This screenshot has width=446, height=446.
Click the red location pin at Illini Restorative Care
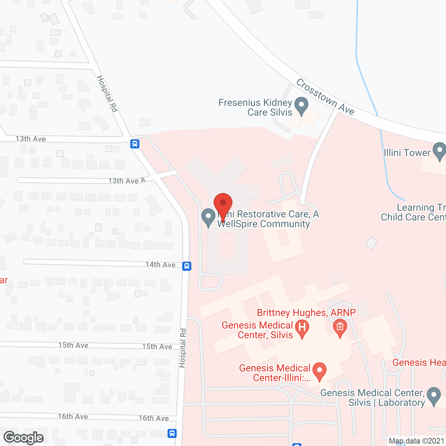pyautogui.click(x=223, y=204)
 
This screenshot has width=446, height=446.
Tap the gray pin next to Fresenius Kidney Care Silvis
pyautogui.click(x=301, y=105)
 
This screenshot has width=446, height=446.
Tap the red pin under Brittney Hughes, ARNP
pyautogui.click(x=340, y=328)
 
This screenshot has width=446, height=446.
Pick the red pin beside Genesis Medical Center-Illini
pyautogui.click(x=319, y=371)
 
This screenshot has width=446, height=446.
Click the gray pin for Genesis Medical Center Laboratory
pyautogui.click(x=434, y=396)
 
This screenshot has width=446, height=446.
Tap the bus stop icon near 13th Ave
pyautogui.click(x=135, y=144)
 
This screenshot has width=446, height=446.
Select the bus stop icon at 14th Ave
pyautogui.click(x=187, y=266)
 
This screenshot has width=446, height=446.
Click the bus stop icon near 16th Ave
pyautogui.click(x=172, y=433)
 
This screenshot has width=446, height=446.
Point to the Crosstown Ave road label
pyautogui.click(x=325, y=97)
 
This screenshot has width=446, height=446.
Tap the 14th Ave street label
pyautogui.click(x=160, y=265)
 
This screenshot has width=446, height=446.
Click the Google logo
pyautogui.click(x=24, y=438)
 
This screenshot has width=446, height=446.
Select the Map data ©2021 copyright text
pyautogui.click(x=416, y=441)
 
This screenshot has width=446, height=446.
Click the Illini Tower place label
pyautogui.click(x=407, y=153)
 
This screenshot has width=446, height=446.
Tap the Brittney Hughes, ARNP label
pyautogui.click(x=306, y=313)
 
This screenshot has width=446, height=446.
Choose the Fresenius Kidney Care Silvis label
pyautogui.click(x=255, y=107)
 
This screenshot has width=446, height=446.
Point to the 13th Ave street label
pyautogui.click(x=31, y=139)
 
